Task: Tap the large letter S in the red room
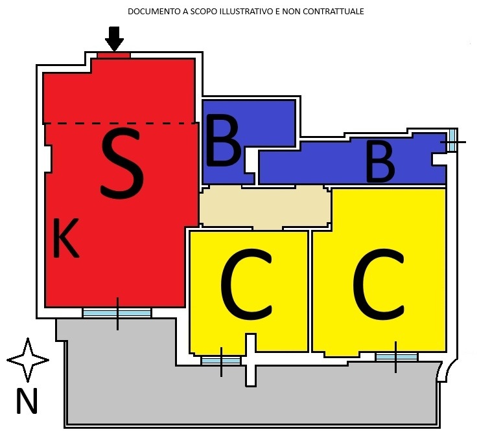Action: [122, 163]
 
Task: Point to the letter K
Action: [65, 238]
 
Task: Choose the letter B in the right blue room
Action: [380, 161]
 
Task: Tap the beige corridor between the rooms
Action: [264, 207]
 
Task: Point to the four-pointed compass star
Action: [28, 359]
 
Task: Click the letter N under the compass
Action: [27, 402]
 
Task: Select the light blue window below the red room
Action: [117, 313]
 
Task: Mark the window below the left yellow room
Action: [221, 361]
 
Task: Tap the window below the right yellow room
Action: [396, 356]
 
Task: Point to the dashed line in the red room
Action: [120, 123]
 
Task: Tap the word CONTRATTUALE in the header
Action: [335, 12]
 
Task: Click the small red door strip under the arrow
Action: [114, 55]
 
